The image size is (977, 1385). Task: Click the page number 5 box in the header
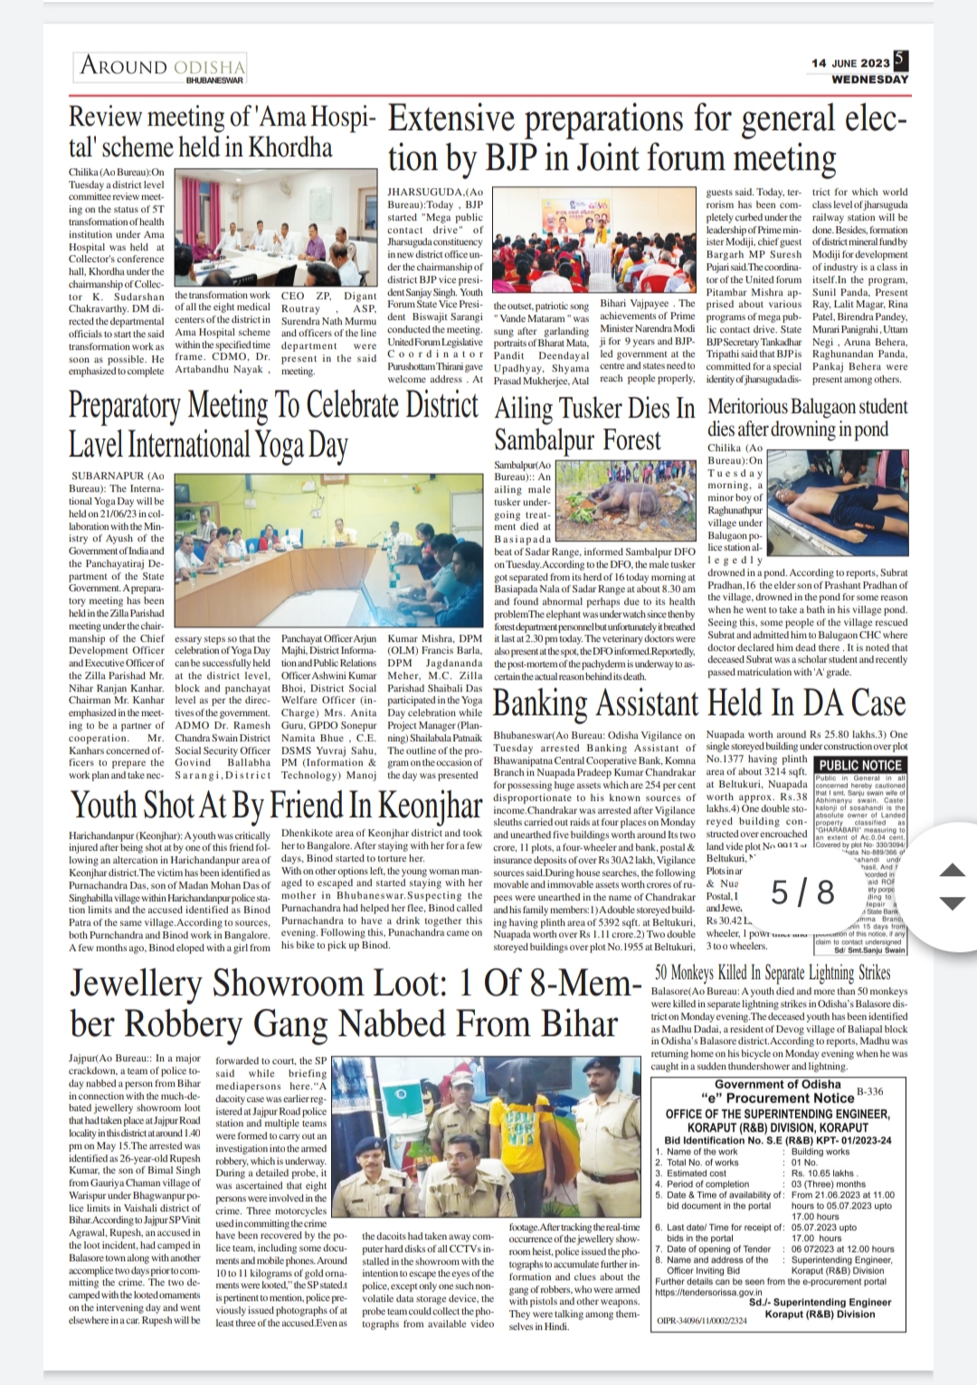click(x=899, y=60)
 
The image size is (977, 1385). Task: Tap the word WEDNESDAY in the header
click(x=870, y=80)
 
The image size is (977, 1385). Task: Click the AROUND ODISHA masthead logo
click(x=161, y=67)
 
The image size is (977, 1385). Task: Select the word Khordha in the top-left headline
click(x=293, y=147)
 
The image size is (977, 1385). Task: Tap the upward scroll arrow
click(x=953, y=871)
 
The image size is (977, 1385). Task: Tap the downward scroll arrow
click(x=953, y=903)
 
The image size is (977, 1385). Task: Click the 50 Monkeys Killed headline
click(x=773, y=973)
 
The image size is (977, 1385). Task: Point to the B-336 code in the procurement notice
click(x=869, y=1092)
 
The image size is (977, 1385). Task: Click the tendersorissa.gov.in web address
click(x=709, y=1292)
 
